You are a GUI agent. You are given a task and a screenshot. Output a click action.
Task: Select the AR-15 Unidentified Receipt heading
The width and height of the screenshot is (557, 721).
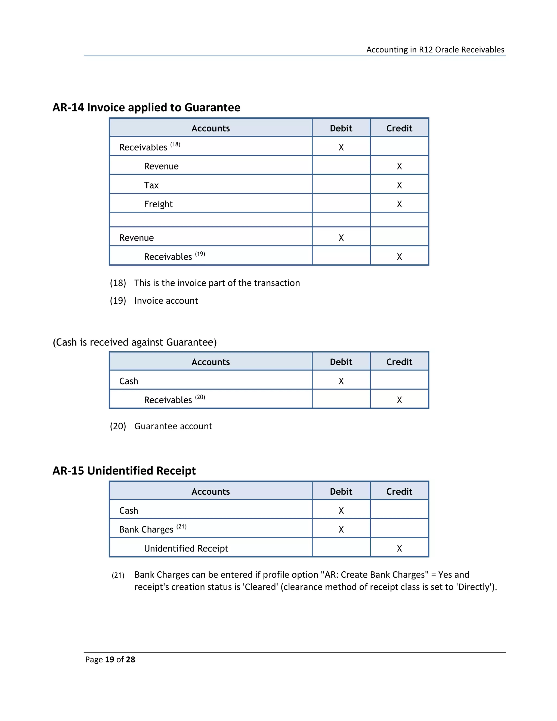[124, 471]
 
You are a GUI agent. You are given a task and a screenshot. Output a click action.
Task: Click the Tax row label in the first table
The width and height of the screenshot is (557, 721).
[151, 185]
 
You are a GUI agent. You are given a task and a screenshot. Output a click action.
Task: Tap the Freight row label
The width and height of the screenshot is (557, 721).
[158, 204]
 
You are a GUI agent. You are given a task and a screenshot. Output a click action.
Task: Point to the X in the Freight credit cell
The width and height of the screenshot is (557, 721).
[399, 204]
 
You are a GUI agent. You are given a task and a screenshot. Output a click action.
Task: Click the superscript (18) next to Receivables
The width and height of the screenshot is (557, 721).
[175, 144]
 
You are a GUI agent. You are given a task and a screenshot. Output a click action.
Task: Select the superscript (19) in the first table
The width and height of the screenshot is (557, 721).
[200, 254]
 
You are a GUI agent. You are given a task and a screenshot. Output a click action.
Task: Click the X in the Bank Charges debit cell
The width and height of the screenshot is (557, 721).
[341, 529]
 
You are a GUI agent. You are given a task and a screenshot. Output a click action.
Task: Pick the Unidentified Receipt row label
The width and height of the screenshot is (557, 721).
[186, 548]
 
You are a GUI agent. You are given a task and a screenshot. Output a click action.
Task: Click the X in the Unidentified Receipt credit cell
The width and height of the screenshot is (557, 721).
[399, 548]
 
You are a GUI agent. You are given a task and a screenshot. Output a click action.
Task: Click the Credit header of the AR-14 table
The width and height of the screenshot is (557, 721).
[399, 128]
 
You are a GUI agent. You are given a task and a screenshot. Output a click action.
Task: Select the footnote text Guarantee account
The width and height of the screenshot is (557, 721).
[173, 426]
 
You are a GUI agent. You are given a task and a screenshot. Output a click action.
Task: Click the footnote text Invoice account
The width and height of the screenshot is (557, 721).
[166, 301]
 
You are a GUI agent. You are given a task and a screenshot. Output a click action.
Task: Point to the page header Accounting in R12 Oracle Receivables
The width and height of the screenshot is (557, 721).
[435, 50]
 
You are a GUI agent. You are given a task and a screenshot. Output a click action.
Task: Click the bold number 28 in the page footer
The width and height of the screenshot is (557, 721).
[130, 660]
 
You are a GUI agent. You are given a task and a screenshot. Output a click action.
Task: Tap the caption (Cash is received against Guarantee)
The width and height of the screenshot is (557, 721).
[135, 342]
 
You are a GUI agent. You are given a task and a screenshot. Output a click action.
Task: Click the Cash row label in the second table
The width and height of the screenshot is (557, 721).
[129, 381]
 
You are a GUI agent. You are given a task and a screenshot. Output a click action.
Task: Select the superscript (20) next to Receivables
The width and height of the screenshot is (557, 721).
[200, 397]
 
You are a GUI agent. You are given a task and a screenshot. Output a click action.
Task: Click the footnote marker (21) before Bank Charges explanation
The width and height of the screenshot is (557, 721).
[118, 575]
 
